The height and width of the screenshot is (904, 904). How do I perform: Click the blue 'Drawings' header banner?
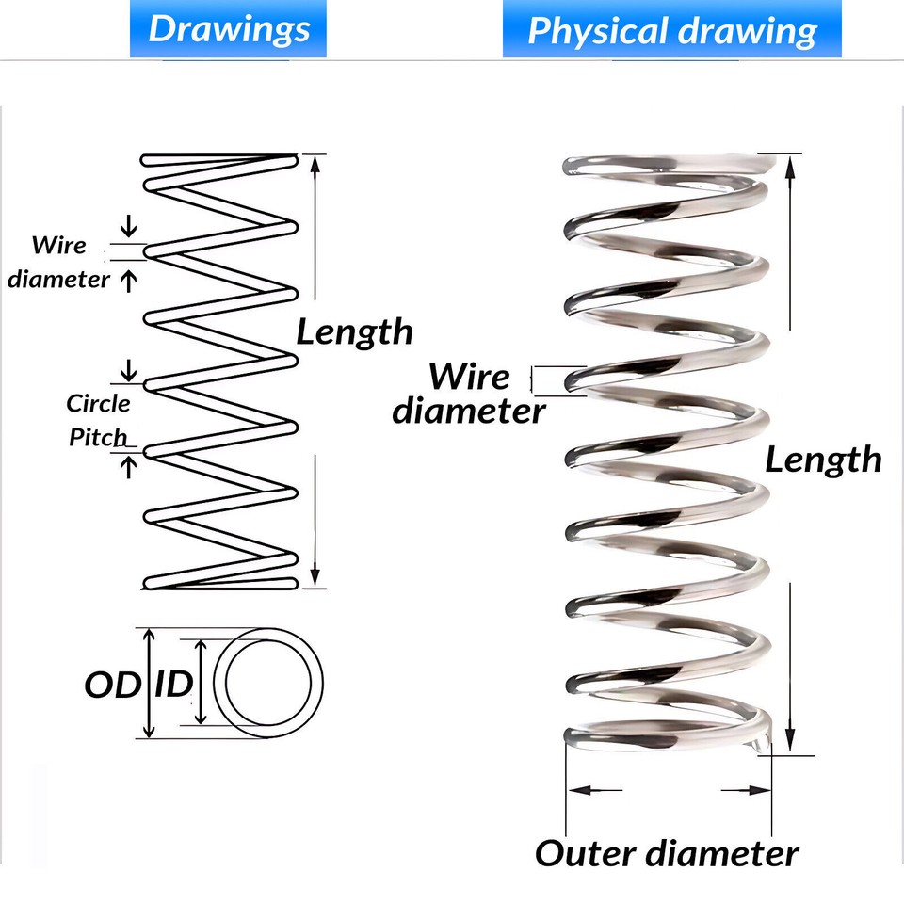click(229, 29)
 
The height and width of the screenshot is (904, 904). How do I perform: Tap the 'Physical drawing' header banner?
click(671, 29)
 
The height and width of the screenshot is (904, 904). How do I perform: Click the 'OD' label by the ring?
click(111, 685)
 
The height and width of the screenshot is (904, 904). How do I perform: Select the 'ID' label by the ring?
click(172, 685)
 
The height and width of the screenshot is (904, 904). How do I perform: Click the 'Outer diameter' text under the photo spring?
click(667, 853)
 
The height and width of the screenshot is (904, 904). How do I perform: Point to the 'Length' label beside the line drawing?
click(354, 331)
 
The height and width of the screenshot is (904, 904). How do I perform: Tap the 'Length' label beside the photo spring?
click(823, 460)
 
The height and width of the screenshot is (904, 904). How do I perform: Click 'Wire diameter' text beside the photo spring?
click(469, 394)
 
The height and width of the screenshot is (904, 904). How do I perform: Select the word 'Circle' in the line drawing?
click(98, 404)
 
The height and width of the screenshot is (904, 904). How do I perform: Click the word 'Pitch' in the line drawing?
click(98, 438)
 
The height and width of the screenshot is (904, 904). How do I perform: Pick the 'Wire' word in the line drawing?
click(58, 246)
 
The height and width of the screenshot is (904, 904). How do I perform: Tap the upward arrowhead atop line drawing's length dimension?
click(315, 164)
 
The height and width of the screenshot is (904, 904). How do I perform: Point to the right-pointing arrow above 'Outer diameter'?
click(749, 790)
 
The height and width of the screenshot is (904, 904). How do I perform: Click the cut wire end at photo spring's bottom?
click(759, 746)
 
